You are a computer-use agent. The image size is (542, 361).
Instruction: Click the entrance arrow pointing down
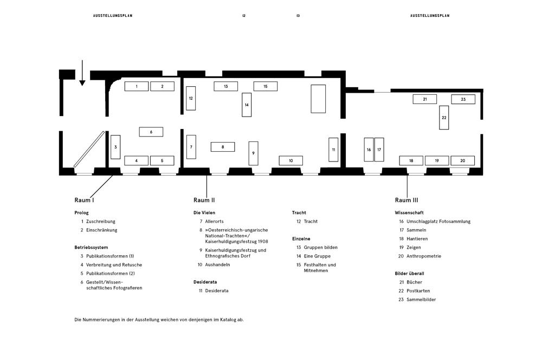click(82, 73)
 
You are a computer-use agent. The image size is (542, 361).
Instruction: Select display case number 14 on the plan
click(247, 105)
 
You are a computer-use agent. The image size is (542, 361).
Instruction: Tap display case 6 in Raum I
click(151, 132)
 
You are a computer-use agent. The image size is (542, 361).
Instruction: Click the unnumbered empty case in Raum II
click(318, 99)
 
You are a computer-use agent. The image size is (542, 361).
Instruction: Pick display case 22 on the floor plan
click(444, 118)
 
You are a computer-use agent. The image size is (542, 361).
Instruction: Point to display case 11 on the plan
click(333, 150)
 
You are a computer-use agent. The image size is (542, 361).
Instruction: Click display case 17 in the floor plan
click(379, 150)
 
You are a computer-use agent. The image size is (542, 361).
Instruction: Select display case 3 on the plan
click(115, 147)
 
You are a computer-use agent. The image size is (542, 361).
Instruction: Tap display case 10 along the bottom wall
click(291, 160)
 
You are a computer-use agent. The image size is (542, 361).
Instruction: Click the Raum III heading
click(406, 200)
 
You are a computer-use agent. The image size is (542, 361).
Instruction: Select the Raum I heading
click(84, 200)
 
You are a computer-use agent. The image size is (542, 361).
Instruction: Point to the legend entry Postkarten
click(418, 291)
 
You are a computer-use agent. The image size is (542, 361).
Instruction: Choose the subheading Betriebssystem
click(91, 248)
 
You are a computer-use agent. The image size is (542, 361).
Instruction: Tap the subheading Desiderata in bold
click(205, 282)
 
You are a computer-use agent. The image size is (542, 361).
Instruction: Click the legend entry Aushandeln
click(217, 265)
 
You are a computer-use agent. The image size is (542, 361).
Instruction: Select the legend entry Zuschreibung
click(101, 222)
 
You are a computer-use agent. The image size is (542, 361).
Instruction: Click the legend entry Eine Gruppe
click(317, 256)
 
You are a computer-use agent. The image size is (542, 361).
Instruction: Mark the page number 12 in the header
click(244, 16)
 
